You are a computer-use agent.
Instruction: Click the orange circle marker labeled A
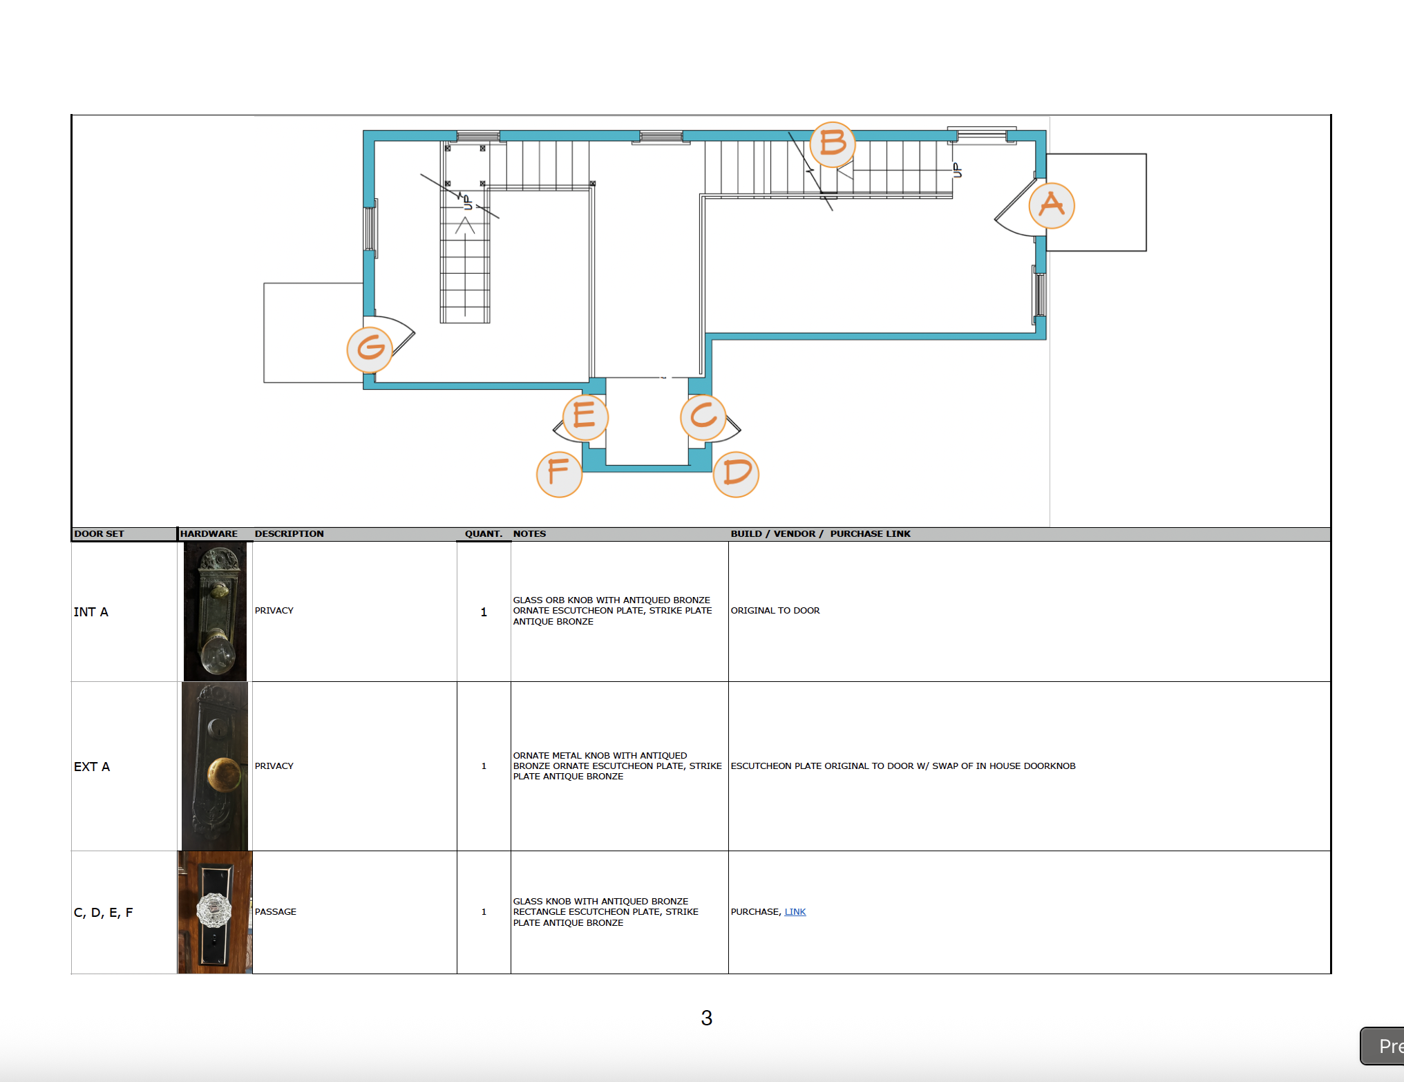coord(1051,205)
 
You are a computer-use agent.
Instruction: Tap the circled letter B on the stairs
coord(833,144)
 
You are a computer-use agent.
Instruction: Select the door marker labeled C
coord(703,417)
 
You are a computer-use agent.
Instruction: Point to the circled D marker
coord(736,474)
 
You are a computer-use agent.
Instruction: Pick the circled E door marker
coord(585,417)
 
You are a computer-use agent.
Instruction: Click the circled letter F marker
coord(559,474)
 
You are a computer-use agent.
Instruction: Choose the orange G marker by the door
coord(370,348)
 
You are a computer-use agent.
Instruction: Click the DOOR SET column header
coord(99,534)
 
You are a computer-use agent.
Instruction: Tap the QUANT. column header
coord(483,534)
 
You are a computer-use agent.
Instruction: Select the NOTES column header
coord(529,534)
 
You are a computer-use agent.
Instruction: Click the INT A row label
coord(91,612)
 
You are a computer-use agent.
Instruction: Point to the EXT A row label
coord(92,767)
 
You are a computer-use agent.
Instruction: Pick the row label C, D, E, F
coord(103,913)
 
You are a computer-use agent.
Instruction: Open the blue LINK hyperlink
coord(795,912)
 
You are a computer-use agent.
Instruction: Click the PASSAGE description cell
coord(276,912)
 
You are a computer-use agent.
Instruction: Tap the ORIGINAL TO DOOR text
coord(775,611)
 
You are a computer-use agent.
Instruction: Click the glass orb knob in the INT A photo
coord(218,656)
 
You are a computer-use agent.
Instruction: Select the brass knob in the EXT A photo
coord(224,775)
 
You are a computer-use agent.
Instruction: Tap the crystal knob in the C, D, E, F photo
coord(214,910)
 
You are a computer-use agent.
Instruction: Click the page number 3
coord(706,1018)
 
